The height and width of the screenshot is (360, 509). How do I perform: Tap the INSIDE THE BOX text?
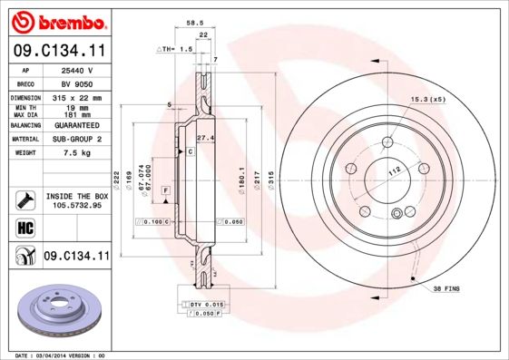[76, 196]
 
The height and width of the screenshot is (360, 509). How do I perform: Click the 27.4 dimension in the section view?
[205, 138]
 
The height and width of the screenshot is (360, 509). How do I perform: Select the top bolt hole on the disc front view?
[387, 141]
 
